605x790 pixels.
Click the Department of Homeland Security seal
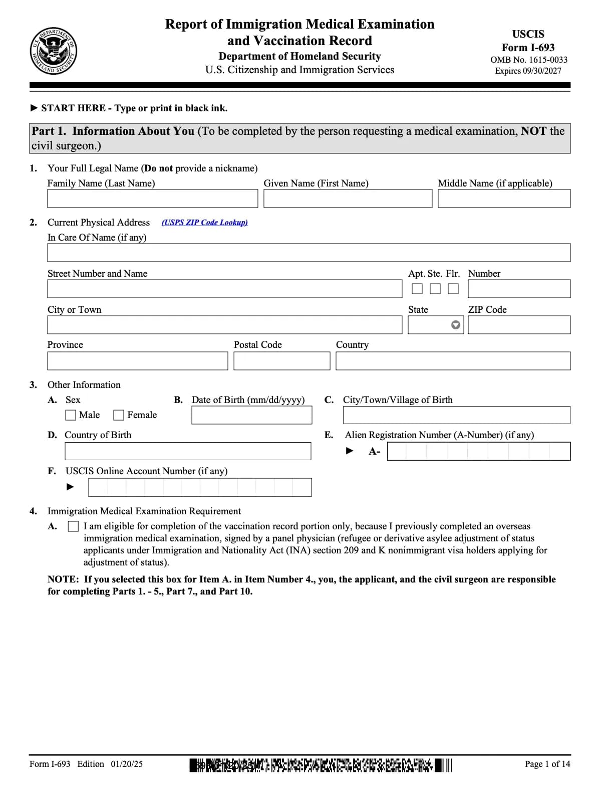(53, 51)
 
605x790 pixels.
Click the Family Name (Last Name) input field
(152, 199)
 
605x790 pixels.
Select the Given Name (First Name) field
(348, 199)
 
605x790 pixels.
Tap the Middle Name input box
(504, 199)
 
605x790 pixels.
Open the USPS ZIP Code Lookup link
(204, 223)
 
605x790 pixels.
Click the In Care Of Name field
(309, 253)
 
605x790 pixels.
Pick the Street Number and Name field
(224, 289)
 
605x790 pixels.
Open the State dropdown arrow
(455, 325)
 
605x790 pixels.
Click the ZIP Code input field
(519, 325)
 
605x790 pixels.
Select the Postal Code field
(281, 361)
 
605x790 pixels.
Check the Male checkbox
(71, 415)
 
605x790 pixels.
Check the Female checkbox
(119, 415)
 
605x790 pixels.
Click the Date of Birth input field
(251, 415)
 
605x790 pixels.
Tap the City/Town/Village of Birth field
(456, 415)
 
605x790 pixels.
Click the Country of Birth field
(188, 451)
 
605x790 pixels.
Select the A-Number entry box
(478, 451)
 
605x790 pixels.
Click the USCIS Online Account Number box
(200, 487)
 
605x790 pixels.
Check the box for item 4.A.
(73, 526)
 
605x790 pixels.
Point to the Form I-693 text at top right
(528, 48)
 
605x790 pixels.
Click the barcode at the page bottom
(321, 765)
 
